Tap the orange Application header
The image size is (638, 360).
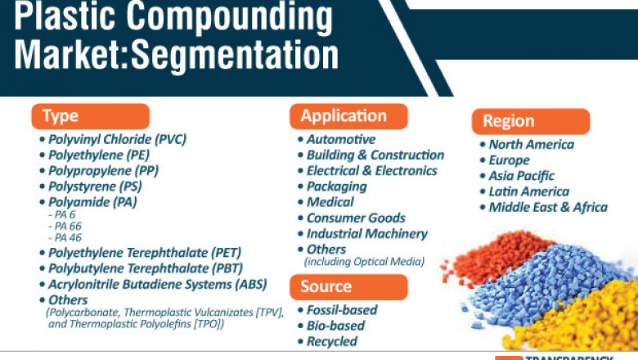pyautogui.click(x=348, y=115)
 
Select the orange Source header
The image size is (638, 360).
pyautogui.click(x=348, y=286)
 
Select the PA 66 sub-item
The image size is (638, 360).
pyautogui.click(x=68, y=225)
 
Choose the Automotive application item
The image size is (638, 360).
pyautogui.click(x=340, y=139)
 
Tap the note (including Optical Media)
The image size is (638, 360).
pyautogui.click(x=364, y=262)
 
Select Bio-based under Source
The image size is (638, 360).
pyautogui.click(x=335, y=325)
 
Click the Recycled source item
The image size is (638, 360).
pyautogui.click(x=331, y=340)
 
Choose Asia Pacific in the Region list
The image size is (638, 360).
pyautogui.click(x=521, y=176)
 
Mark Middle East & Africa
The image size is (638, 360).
pyautogui.click(x=548, y=207)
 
